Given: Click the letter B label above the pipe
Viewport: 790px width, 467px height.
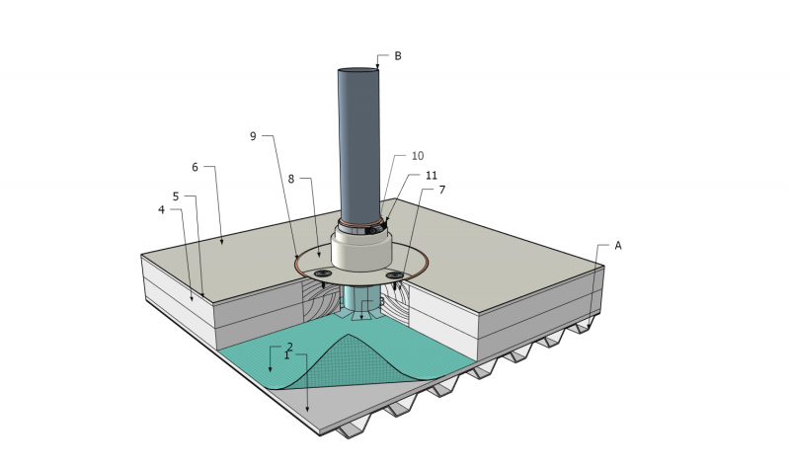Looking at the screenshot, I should point(398,56).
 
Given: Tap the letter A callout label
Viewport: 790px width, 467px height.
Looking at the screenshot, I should point(618,245).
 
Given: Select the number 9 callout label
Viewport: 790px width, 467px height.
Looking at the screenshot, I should point(253,136).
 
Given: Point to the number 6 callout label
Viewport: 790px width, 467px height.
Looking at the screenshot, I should point(195,167).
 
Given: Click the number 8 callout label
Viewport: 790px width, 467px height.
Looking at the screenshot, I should point(291,181).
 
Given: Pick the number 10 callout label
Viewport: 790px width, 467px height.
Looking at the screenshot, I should point(417,156).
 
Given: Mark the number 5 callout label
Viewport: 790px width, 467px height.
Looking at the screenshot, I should point(176,196).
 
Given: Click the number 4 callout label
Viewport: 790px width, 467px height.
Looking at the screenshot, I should point(161,209).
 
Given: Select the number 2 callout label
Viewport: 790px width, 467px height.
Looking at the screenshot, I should point(289,347).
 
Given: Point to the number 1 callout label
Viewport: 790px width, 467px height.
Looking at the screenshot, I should point(286,354).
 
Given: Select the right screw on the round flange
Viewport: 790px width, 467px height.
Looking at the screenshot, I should point(396,274).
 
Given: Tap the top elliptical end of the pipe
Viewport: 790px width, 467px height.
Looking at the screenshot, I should point(357,70).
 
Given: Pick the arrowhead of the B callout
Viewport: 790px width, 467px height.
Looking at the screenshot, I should point(377,66).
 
